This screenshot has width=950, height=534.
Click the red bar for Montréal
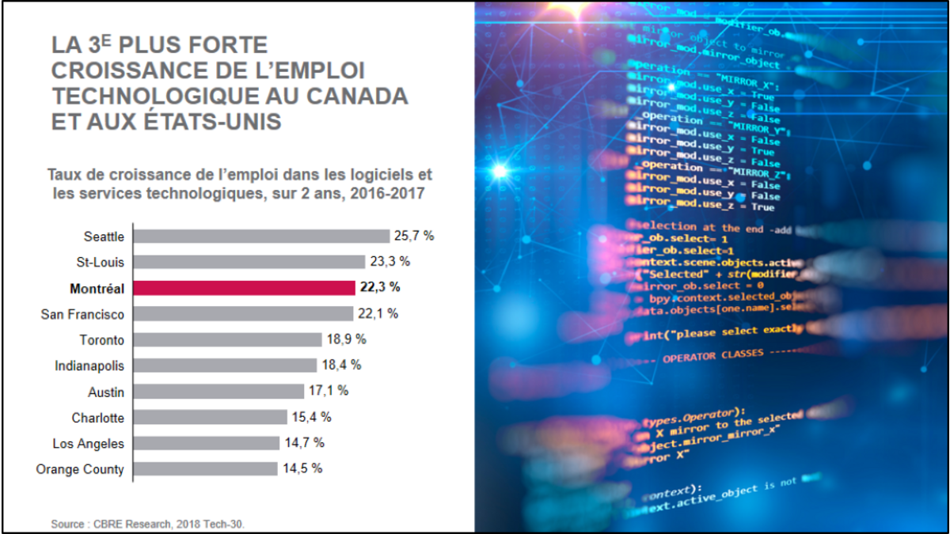click(x=244, y=288)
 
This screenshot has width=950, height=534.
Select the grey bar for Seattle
click(x=261, y=236)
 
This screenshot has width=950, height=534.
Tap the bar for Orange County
click(x=205, y=469)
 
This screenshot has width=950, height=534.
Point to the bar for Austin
click(x=218, y=392)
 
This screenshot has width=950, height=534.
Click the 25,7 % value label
click(x=416, y=236)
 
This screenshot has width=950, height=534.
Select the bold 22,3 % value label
click(x=381, y=288)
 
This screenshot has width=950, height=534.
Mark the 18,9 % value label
click(x=348, y=339)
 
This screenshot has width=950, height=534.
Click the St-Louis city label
click(x=102, y=262)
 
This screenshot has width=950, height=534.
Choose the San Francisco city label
click(x=82, y=314)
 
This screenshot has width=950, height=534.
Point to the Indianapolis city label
click(x=89, y=365)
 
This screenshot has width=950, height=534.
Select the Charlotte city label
click(x=98, y=418)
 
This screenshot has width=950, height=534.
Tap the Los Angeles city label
click(x=89, y=444)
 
